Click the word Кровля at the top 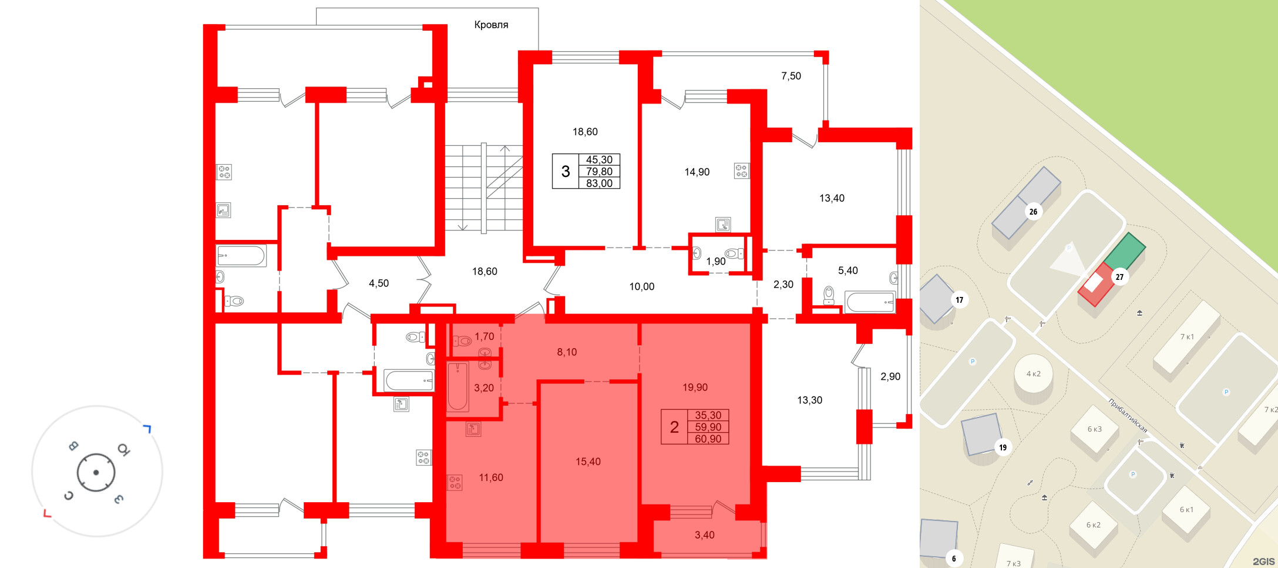point(491,25)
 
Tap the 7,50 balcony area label point(791,76)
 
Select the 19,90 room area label point(695,387)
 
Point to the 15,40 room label point(588,462)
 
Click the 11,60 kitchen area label point(491,477)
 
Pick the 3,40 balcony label point(705,535)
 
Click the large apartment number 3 point(566,172)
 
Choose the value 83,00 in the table point(599,183)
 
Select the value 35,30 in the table point(708,415)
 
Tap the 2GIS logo point(1263,562)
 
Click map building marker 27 point(1119,277)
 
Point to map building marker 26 point(1033,212)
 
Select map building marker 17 point(959,300)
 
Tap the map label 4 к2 point(1034,374)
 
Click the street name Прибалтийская point(1128,415)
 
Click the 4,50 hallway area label point(379,283)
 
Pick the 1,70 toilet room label point(485,336)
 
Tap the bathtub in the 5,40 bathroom point(870,302)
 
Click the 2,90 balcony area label point(890,376)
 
